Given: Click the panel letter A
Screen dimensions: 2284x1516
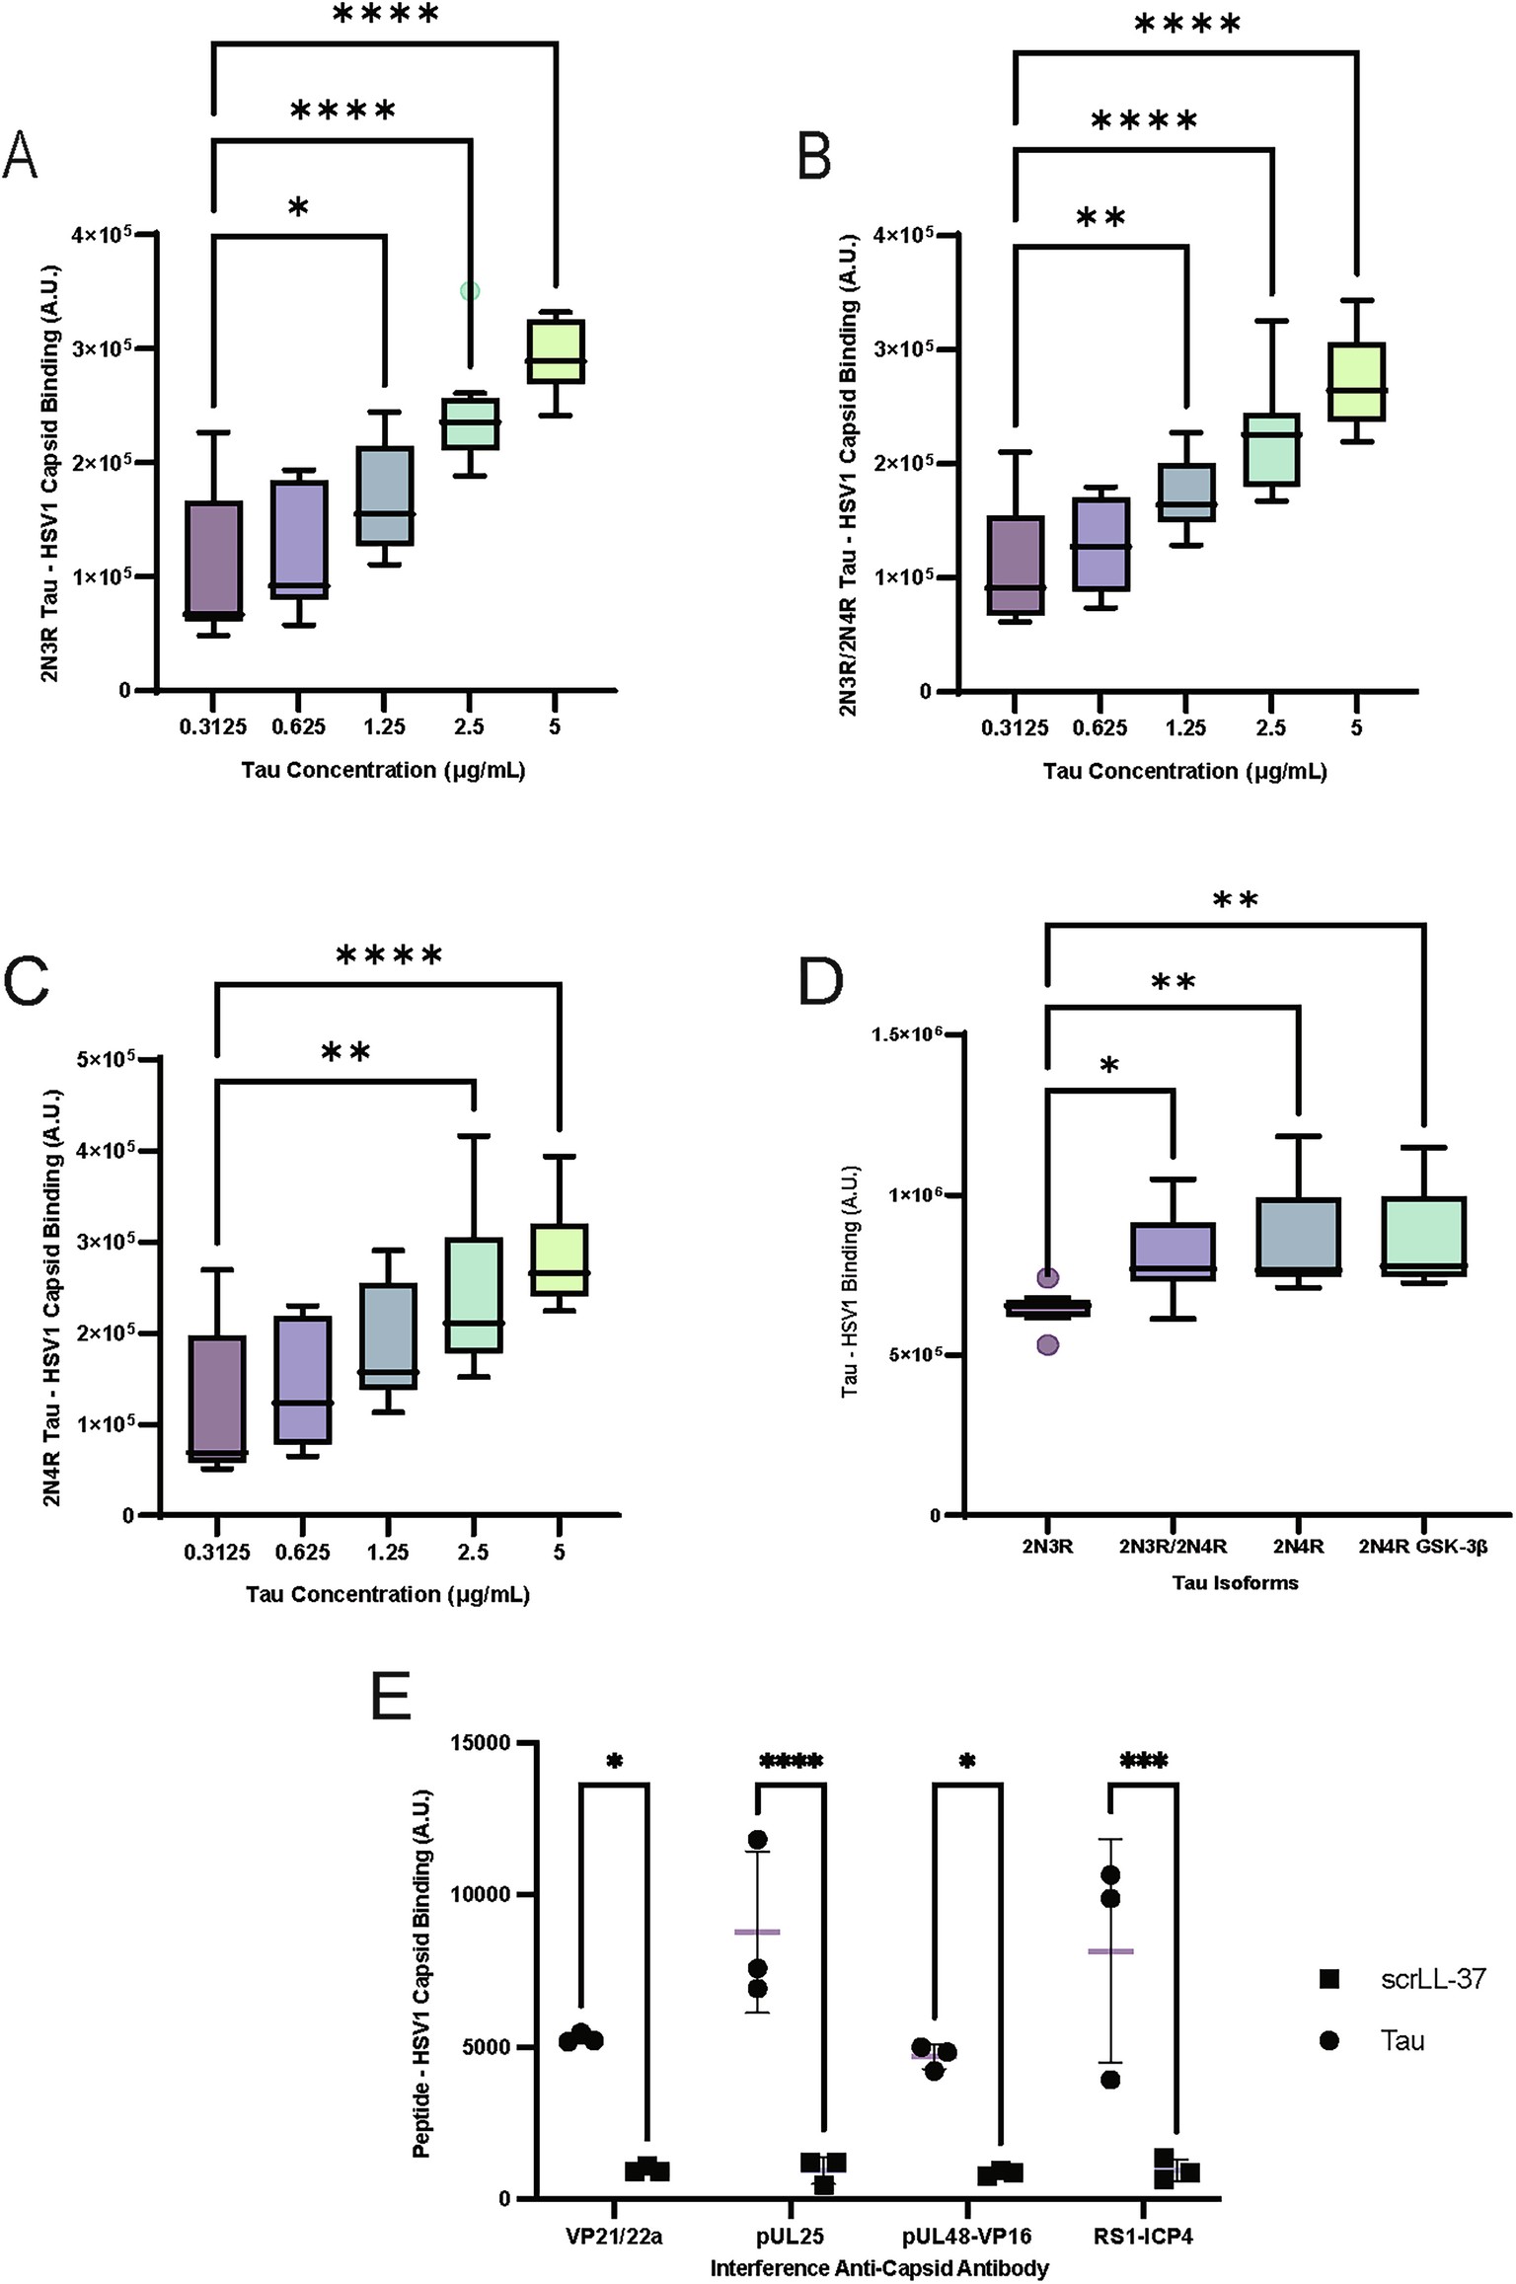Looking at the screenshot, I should point(22,158).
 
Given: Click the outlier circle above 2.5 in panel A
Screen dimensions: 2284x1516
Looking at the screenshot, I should point(470,291).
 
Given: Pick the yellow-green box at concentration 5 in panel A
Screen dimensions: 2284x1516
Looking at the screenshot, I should point(555,350).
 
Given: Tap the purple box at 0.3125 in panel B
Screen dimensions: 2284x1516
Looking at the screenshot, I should point(1015,565).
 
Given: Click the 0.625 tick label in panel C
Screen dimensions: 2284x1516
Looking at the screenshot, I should point(302,1552).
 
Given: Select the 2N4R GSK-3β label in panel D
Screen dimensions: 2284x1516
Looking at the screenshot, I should point(1422,1547).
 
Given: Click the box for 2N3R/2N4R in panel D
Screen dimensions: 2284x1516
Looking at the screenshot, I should point(1173,1252).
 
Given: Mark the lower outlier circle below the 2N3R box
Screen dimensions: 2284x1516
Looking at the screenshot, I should point(1047,1344).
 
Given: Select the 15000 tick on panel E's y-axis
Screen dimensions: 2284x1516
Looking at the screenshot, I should point(484,1743).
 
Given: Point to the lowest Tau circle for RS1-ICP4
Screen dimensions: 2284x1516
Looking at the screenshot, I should point(1110,2080).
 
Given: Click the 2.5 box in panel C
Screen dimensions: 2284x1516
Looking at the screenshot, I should point(474,1294).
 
